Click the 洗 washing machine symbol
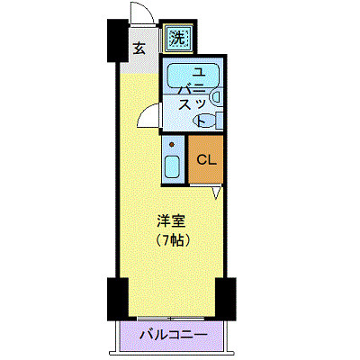pos(179,38)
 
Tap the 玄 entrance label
pos(139,49)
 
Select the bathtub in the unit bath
pos(193,76)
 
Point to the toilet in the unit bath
pos(204,120)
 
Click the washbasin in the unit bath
pos(217,96)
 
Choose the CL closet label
pos(206,160)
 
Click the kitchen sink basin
pos(172,166)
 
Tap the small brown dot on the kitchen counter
pos(172,145)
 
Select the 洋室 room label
pos(172,221)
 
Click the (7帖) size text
pos(172,239)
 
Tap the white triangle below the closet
pos(218,193)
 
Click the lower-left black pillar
pos(118,299)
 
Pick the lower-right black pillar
pos(226,299)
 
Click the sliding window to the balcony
pos(171,318)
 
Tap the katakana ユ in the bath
pos(198,73)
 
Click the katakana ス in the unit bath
pos(185,105)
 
